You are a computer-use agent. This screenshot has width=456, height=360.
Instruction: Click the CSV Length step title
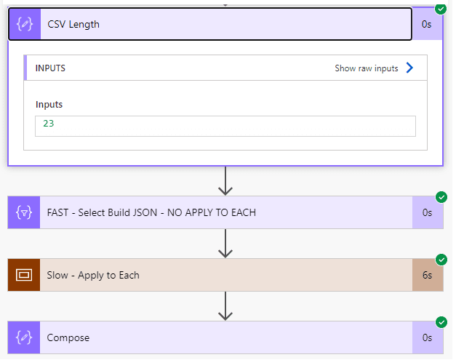(x=73, y=25)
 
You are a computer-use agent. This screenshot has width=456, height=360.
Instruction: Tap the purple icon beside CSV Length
(x=25, y=24)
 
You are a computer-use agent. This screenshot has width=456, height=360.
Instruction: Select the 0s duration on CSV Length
(x=426, y=24)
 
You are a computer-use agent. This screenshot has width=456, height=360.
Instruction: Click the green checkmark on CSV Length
(x=441, y=9)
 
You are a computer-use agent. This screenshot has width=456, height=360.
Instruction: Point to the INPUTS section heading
(x=50, y=68)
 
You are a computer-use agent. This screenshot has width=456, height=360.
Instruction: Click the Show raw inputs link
(x=366, y=68)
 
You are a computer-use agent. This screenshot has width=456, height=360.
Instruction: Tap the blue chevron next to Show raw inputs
(x=409, y=68)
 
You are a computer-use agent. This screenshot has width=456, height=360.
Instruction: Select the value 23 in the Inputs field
(x=49, y=124)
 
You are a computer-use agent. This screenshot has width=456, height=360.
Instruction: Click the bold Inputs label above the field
(x=49, y=105)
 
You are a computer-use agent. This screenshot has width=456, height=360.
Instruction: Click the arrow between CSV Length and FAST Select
(x=225, y=181)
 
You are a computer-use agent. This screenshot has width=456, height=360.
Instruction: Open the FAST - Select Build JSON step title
(x=151, y=212)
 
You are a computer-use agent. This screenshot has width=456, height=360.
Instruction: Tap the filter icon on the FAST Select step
(x=24, y=212)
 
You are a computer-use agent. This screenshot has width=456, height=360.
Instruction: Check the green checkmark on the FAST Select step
(x=441, y=197)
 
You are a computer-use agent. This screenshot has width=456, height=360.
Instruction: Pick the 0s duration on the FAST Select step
(x=427, y=212)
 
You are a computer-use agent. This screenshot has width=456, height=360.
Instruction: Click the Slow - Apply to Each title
(x=93, y=275)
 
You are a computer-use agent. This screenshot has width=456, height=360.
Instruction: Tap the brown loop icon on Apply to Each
(x=24, y=275)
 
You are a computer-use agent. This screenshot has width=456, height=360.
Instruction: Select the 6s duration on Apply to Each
(x=427, y=275)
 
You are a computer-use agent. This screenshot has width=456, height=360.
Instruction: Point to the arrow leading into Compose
(x=225, y=306)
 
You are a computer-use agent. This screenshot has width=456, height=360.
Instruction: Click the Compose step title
(x=68, y=337)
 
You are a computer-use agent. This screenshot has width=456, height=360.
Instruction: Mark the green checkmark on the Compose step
(x=441, y=322)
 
